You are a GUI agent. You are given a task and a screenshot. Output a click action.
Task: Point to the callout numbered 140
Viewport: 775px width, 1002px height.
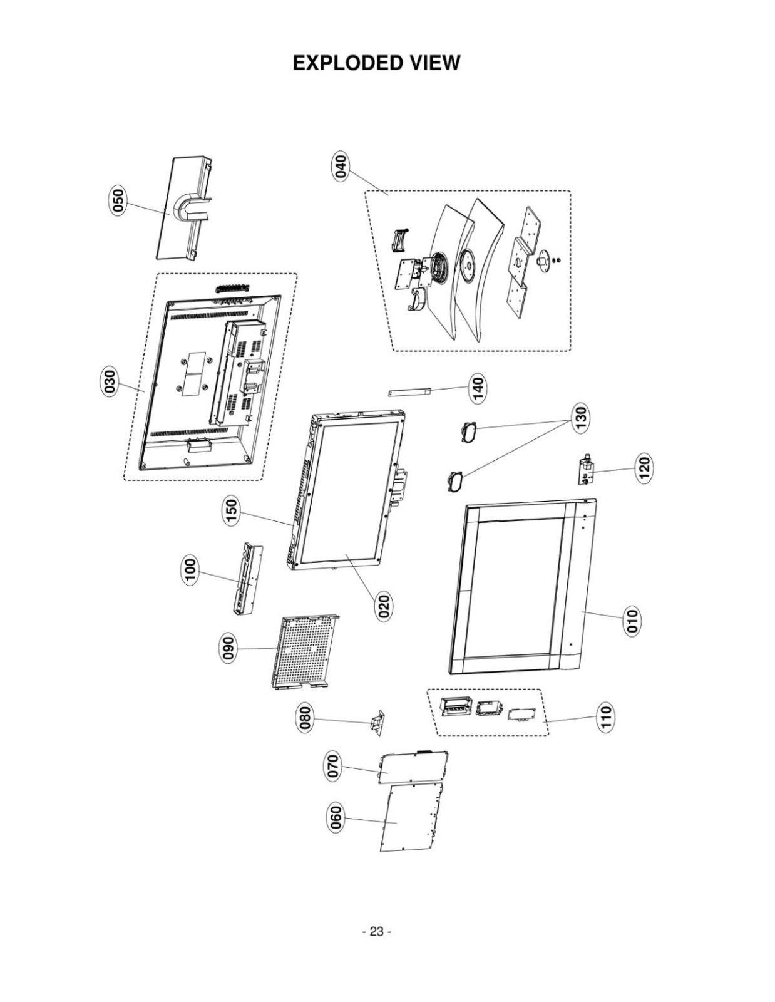click(x=478, y=388)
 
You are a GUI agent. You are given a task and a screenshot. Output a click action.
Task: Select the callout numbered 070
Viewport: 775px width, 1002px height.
click(x=333, y=767)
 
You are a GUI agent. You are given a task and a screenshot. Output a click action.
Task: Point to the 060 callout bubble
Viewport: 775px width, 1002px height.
click(x=336, y=818)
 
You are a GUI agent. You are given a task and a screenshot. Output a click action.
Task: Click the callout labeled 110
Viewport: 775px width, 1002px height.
click(x=604, y=717)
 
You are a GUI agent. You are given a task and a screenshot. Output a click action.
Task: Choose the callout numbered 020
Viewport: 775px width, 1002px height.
click(x=384, y=607)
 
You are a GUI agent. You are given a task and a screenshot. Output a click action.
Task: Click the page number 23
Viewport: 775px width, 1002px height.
click(x=376, y=931)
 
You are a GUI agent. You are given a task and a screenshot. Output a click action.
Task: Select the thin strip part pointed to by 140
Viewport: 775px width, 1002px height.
click(x=410, y=392)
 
